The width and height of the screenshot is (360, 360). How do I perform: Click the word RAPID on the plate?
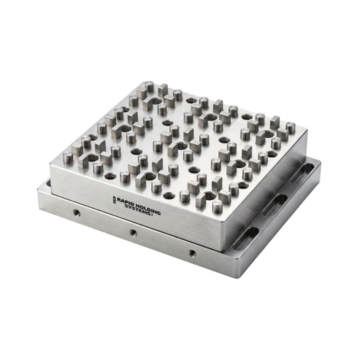click(x=126, y=202)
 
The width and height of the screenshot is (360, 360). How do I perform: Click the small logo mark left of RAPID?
click(x=114, y=200)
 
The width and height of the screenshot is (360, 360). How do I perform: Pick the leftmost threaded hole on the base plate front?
click(x=76, y=212)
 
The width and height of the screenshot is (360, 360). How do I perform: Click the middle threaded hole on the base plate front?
click(x=133, y=233)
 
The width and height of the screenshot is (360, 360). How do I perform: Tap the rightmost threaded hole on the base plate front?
click(x=193, y=253)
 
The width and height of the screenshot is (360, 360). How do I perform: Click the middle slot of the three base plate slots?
click(x=275, y=204)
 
